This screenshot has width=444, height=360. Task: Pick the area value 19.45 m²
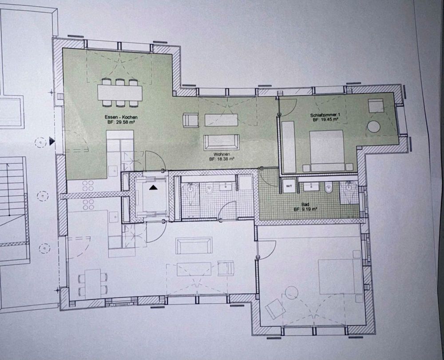pyautogui.click(x=328, y=120)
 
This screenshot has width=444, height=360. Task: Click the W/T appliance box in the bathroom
pyautogui.click(x=289, y=185)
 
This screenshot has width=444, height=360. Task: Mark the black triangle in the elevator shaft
pyautogui.click(x=153, y=188)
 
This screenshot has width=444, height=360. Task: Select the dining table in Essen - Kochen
pyautogui.click(x=120, y=93)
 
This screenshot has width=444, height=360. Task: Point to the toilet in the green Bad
pyautogui.click(x=329, y=188)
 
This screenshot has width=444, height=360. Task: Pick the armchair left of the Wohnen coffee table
pyautogui.click(x=190, y=120)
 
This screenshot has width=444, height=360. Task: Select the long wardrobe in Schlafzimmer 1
pyautogui.click(x=289, y=147)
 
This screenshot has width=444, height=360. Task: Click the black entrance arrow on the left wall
pyautogui.click(x=52, y=141)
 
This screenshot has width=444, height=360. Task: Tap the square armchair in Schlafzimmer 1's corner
pyautogui.click(x=376, y=106)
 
